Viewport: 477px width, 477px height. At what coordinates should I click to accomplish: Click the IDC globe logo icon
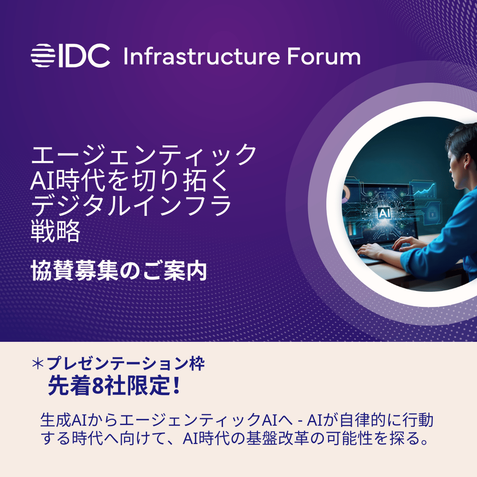coord(43,56)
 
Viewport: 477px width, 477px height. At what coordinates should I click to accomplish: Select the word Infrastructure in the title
coord(202,57)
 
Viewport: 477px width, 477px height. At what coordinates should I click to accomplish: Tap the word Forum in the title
coord(324,57)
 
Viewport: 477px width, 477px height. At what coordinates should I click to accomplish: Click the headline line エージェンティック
coord(144,155)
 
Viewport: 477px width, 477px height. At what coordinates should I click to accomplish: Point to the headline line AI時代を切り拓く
coord(130,181)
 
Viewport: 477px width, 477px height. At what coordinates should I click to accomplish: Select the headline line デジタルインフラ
coord(131,206)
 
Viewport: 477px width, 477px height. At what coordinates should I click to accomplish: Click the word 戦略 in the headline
coord(55,232)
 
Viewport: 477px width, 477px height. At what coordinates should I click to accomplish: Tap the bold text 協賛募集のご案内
coord(119,271)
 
